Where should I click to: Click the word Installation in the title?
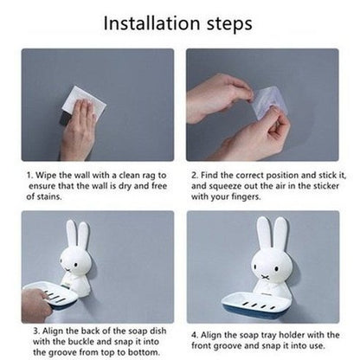pyautogui.click(x=151, y=23)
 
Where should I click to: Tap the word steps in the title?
pyautogui.click(x=229, y=24)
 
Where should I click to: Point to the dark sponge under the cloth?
pyautogui.click(x=65, y=119)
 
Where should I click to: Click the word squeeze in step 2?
pyautogui.click(x=226, y=186)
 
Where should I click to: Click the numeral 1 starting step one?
pyautogui.click(x=29, y=176)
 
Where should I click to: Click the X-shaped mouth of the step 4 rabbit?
pyautogui.click(x=264, y=276)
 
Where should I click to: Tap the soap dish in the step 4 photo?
pyautogui.click(x=256, y=305)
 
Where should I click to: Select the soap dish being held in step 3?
pyautogui.click(x=51, y=297)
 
